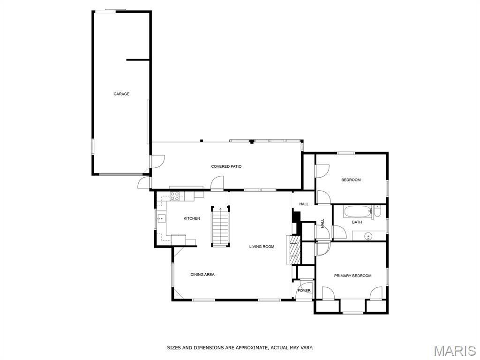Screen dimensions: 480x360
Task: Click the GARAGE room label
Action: [x=121, y=94]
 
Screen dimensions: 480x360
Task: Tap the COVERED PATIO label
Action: [x=226, y=166]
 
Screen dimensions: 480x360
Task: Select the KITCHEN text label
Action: [x=192, y=218]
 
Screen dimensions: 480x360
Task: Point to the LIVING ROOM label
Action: [x=262, y=247]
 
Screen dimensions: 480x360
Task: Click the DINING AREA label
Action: [x=202, y=275]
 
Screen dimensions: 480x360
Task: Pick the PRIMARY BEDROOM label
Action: [x=352, y=276]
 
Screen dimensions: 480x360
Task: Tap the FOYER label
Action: [x=304, y=291]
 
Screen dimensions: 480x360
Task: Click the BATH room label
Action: [x=357, y=222]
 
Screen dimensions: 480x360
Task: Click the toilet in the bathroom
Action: [x=377, y=211]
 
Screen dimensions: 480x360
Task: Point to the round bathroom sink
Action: [x=368, y=237]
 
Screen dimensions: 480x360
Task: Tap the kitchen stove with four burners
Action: [x=175, y=196]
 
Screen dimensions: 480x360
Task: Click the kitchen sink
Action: [x=161, y=218]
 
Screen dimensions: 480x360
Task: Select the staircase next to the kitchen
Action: [x=220, y=226]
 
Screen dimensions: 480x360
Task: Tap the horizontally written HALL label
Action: [x=304, y=204]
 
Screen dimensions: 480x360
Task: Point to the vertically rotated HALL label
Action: [x=322, y=223]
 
